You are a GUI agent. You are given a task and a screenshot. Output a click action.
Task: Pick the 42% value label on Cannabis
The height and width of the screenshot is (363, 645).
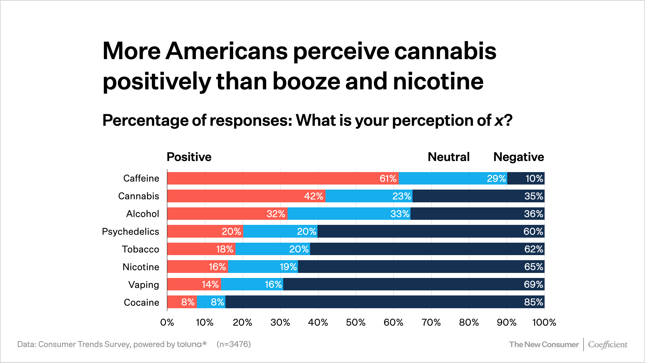click(x=313, y=196)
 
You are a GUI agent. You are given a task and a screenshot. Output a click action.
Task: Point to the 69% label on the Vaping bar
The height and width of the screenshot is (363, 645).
click(x=533, y=285)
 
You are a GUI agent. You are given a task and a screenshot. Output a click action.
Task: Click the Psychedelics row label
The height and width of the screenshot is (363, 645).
click(x=130, y=232)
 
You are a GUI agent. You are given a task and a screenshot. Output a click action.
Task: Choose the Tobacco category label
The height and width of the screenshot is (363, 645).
click(x=140, y=249)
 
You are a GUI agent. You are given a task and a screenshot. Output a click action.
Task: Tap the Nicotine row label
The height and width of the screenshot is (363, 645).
click(x=141, y=267)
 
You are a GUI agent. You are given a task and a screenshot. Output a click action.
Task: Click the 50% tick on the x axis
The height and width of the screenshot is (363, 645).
click(x=356, y=323)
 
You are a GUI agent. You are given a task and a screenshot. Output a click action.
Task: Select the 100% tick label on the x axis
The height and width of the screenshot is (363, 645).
click(x=544, y=323)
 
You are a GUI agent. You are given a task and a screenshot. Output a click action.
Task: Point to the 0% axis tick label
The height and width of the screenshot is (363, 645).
click(x=167, y=323)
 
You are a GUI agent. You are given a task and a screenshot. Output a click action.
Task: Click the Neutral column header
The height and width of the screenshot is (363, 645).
click(x=448, y=157)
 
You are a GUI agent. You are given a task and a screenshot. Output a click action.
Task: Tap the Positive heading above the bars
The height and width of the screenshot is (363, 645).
click(x=189, y=157)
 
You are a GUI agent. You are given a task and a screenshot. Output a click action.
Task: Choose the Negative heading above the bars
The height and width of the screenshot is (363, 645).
click(x=518, y=157)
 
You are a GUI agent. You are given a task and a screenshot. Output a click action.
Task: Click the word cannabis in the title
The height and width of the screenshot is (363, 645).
click(x=445, y=51)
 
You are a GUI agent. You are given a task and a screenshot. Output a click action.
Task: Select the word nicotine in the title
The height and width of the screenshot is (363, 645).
click(x=438, y=81)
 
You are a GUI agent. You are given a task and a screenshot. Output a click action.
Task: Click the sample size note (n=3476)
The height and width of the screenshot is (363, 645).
click(x=233, y=344)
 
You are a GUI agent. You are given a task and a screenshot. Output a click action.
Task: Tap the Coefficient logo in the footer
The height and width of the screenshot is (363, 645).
click(x=607, y=345)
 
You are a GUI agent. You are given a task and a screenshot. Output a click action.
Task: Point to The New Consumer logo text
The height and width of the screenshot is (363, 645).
click(x=544, y=345)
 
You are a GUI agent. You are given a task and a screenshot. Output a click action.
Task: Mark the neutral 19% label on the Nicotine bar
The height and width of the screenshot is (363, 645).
click(x=288, y=267)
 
